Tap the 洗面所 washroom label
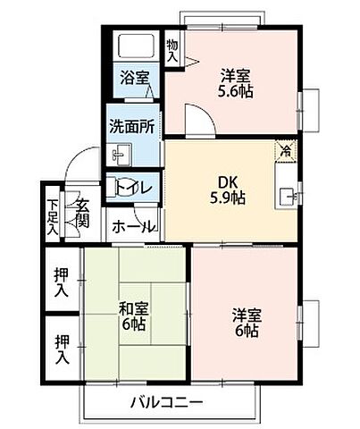point(133,126)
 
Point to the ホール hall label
point(133,227)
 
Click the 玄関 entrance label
point(81,213)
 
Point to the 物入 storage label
point(172,50)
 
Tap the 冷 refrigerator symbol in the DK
point(285,151)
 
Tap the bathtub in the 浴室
point(135,47)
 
